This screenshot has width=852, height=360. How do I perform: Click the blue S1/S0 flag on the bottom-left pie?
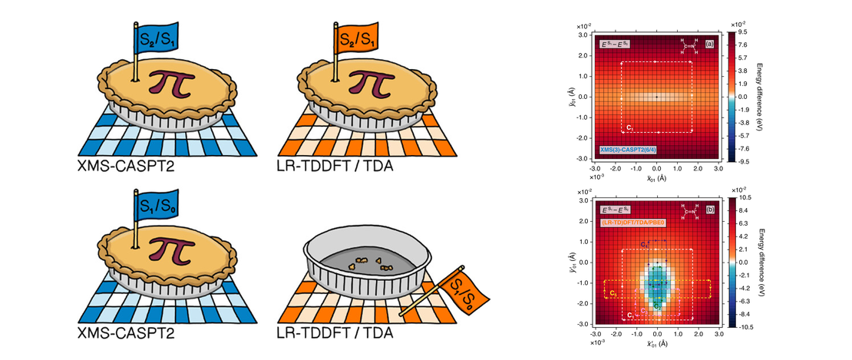tap(155, 207)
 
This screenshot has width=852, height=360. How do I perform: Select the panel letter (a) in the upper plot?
tap(708, 44)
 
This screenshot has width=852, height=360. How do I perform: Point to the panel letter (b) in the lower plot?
tap(708, 209)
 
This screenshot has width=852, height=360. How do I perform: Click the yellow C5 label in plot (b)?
tap(613, 292)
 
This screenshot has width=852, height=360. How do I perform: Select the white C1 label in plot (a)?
tap(629, 126)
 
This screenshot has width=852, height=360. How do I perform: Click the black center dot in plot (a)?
tap(656, 97)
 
